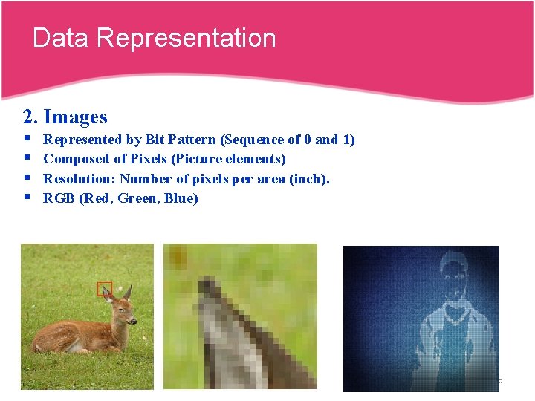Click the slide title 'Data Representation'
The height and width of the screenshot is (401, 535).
coord(154,38)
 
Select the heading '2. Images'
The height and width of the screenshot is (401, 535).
coord(65,117)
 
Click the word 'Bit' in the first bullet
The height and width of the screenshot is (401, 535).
coord(156,140)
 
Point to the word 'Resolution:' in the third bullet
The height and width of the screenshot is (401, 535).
coord(80,178)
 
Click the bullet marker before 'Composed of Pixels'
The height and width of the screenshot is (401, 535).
coord(27,159)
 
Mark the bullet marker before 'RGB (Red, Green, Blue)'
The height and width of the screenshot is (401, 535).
coord(27,198)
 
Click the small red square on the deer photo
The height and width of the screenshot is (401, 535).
coord(104,289)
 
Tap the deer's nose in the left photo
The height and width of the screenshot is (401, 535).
coord(134,320)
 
